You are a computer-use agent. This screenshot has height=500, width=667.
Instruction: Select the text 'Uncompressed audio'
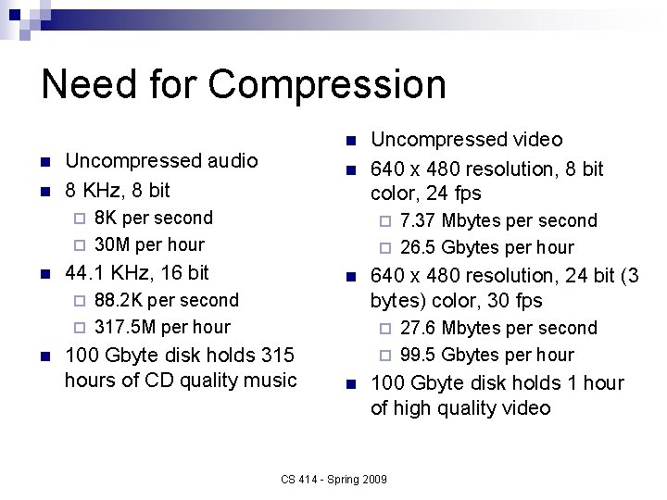[161, 160]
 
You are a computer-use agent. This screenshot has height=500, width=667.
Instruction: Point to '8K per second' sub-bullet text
[154, 218]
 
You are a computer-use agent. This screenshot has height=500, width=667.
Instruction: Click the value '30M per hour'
[149, 244]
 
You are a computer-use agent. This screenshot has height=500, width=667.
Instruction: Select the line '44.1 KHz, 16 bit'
[137, 272]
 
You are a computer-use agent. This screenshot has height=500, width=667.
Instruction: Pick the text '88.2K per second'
[166, 300]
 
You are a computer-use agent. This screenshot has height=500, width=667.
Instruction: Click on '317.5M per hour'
[162, 326]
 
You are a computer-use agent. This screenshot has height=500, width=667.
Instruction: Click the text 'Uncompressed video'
[466, 140]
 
